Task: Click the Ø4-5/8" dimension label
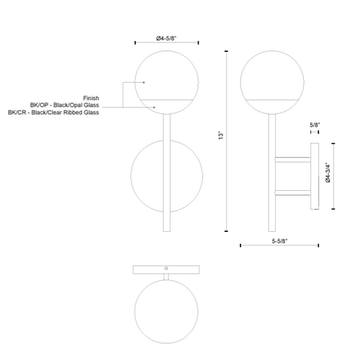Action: [x=166, y=38]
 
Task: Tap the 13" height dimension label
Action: [x=221, y=135]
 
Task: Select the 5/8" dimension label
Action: [x=315, y=125]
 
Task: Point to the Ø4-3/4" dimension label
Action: [x=328, y=173]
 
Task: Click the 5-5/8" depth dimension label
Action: [x=279, y=241]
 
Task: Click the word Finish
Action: [x=91, y=98]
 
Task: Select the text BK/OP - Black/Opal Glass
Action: [x=64, y=105]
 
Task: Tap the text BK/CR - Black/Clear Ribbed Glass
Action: [x=53, y=112]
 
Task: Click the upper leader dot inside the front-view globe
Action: [x=144, y=82]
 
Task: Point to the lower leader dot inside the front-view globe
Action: [x=154, y=107]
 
